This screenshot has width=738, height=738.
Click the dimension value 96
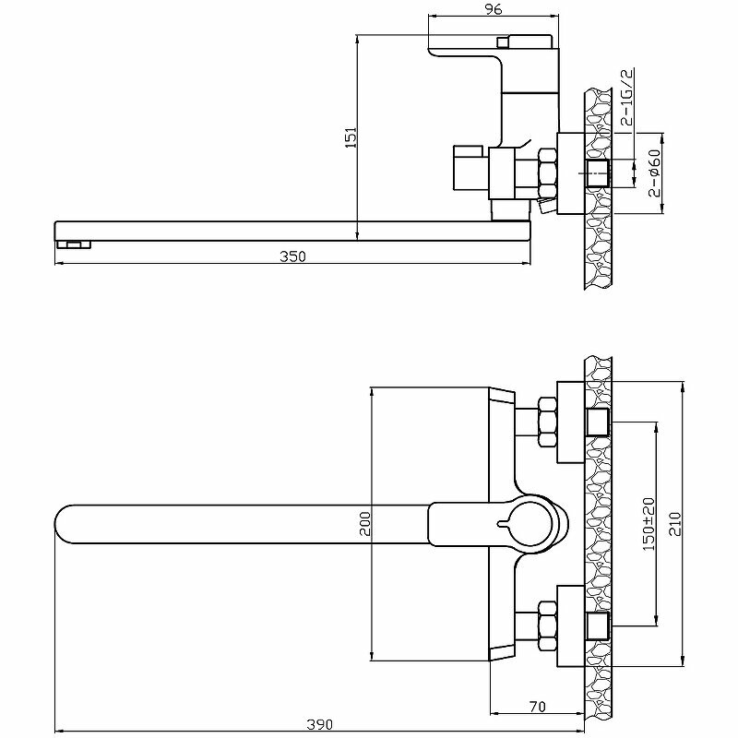[494, 9]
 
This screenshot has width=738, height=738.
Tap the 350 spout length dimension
[292, 256]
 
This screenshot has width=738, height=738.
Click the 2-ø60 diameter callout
[652, 173]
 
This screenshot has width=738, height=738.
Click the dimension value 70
[538, 708]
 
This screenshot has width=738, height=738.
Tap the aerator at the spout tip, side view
[75, 244]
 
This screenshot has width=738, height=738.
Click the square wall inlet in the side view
[598, 173]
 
